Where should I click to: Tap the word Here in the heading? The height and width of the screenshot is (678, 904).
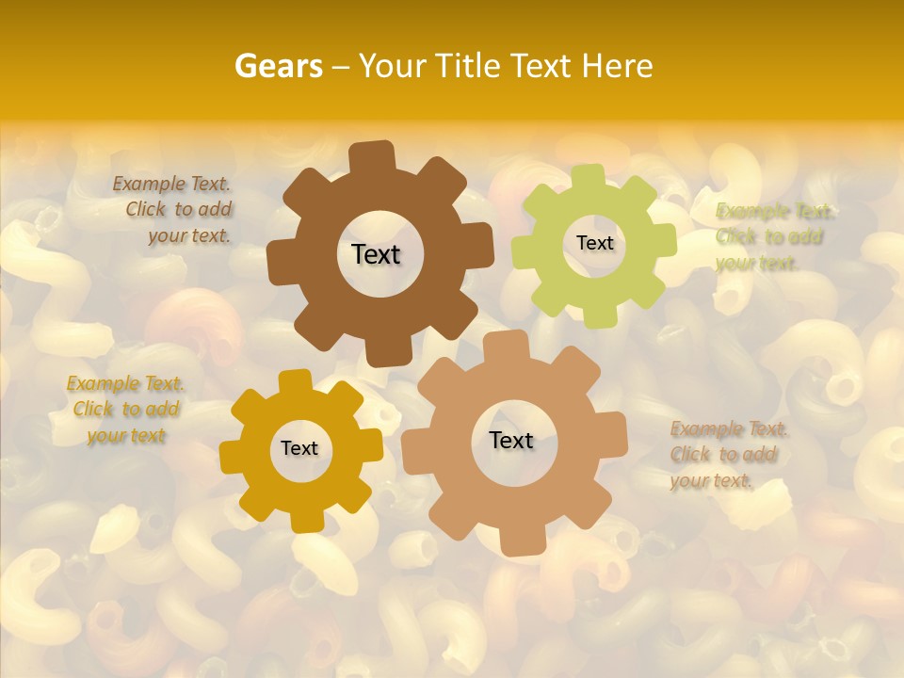617,66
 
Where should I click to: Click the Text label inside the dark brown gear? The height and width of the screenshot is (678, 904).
376,254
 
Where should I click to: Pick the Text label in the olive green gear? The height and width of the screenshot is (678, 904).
594,243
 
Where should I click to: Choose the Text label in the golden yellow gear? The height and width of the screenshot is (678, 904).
299,448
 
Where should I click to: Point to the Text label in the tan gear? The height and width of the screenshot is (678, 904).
511,440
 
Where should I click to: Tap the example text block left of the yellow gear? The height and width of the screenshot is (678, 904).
126,410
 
